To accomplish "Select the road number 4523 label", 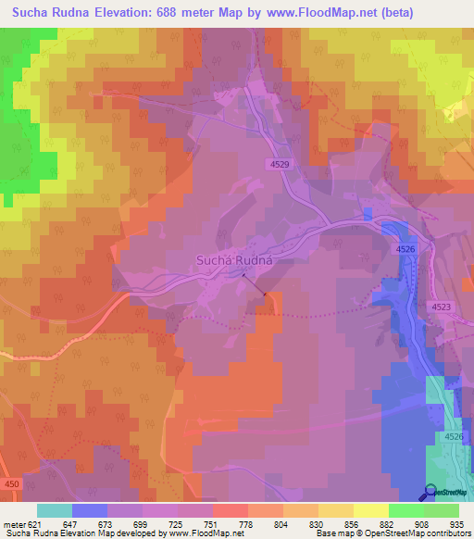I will click(442, 306).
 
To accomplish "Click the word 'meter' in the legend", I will click(13, 525).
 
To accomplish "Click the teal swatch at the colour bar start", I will click(55, 510).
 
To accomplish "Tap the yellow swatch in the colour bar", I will click(370, 510).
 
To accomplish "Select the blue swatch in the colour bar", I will click(90, 510).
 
